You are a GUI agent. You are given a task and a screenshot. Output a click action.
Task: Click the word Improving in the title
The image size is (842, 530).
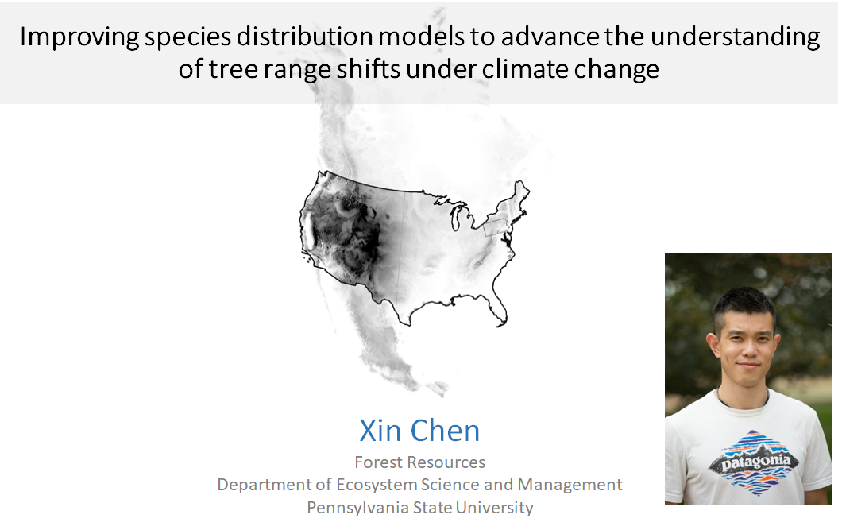pyautogui.click(x=79, y=37)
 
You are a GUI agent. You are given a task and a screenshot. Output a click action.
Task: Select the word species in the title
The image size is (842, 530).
pyautogui.click(x=188, y=37)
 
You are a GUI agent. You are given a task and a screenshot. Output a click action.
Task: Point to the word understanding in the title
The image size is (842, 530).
pyautogui.click(x=735, y=37)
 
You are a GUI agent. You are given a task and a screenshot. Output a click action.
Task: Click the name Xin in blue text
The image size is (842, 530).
pyautogui.click(x=380, y=431)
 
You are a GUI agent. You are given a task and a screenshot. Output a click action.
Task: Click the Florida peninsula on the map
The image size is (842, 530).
pyautogui.click(x=498, y=311)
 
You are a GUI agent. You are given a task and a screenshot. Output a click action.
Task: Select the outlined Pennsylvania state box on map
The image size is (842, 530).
pyautogui.click(x=496, y=226)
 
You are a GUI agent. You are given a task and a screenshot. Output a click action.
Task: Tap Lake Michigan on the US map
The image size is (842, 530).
pyautogui.click(x=454, y=219)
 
